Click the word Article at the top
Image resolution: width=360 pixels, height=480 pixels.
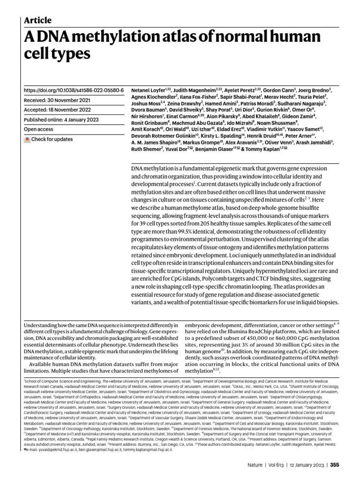point(37,20)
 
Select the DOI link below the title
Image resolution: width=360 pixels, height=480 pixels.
point(74,90)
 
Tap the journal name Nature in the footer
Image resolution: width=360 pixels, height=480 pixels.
point(255,465)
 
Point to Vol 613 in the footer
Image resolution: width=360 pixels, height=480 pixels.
point(280,465)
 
